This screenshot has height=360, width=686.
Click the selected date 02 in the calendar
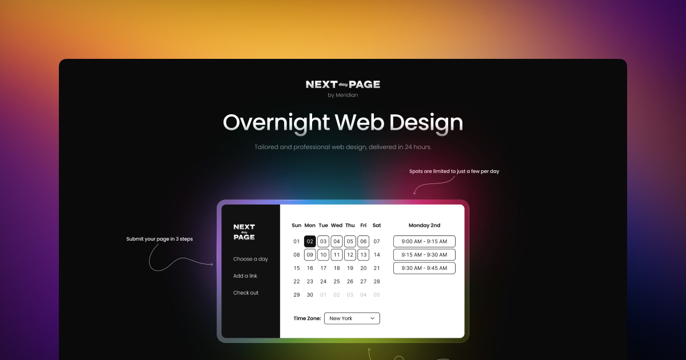[x=310, y=242]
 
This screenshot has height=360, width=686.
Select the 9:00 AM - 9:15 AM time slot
[x=424, y=242]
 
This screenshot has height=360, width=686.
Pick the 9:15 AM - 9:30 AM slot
[x=424, y=255]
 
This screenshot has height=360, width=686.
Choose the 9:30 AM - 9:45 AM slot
[x=424, y=268]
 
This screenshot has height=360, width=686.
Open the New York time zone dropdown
[x=352, y=318]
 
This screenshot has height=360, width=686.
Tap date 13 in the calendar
[x=363, y=255]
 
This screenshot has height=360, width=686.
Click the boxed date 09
[x=310, y=255]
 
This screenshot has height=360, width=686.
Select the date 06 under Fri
[x=363, y=242]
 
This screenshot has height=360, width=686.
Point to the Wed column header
[x=337, y=225]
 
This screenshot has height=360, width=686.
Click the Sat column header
[x=376, y=225]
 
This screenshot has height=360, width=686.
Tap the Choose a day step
[x=250, y=259]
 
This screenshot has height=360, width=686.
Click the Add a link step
[x=245, y=276]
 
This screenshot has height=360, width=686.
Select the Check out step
[x=246, y=293]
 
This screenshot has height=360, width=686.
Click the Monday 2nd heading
[x=424, y=225]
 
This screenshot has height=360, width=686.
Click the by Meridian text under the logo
[x=343, y=95]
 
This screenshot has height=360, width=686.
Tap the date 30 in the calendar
[x=310, y=295]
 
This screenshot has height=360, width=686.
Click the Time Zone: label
[x=307, y=318]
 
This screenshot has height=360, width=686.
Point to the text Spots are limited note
[x=454, y=171]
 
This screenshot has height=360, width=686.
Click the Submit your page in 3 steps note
[x=159, y=239]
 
